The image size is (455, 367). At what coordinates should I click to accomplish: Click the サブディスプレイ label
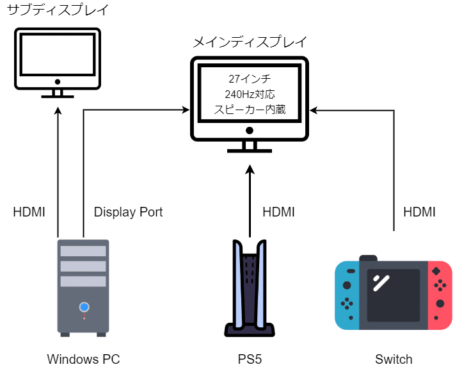[x=58, y=11]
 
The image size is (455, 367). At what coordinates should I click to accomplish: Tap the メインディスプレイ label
[x=250, y=42]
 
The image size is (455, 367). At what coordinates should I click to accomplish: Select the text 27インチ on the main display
[x=250, y=79]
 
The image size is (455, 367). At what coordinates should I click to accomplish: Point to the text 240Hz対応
[x=250, y=94]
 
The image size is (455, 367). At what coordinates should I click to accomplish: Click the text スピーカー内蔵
[x=250, y=110]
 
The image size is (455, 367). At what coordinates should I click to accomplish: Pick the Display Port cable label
[x=128, y=212]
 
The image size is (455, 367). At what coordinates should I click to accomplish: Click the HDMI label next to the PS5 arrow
[x=279, y=212]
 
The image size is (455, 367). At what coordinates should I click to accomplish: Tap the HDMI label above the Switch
[x=419, y=212]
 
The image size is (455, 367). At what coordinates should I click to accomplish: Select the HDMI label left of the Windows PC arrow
[x=29, y=212]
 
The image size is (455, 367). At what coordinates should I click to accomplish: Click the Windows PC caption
[x=83, y=359]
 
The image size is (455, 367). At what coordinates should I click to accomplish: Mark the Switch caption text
[x=394, y=359]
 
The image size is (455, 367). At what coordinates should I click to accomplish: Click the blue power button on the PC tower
[x=84, y=307]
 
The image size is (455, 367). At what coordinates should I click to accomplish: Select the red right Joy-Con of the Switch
[x=440, y=295]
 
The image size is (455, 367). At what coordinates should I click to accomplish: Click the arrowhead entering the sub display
[x=58, y=108]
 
